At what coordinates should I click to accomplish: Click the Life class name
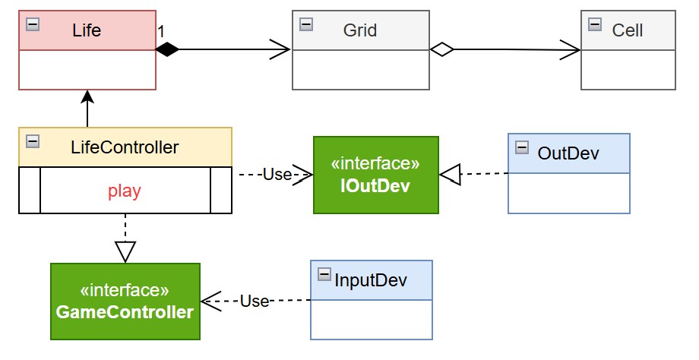(87, 30)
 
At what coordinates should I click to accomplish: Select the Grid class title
(359, 30)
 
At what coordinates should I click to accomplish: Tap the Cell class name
(627, 30)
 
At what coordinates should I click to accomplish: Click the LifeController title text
(124, 147)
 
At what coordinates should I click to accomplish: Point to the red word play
(124, 191)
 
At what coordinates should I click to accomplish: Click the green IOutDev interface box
(375, 175)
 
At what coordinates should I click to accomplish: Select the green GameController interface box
(125, 302)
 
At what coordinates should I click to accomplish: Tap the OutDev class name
(568, 153)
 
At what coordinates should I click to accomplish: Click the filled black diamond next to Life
(167, 50)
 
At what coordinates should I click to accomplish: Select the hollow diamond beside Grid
(441, 50)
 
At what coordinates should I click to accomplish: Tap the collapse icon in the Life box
(33, 24)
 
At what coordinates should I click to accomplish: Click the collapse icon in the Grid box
(306, 24)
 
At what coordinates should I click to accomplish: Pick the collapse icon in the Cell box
(595, 24)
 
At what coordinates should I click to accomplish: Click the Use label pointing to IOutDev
(276, 175)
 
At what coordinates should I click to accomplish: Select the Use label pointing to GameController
(255, 301)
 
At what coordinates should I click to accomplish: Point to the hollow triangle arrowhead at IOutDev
(451, 175)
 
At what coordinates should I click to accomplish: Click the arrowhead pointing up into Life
(87, 96)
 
